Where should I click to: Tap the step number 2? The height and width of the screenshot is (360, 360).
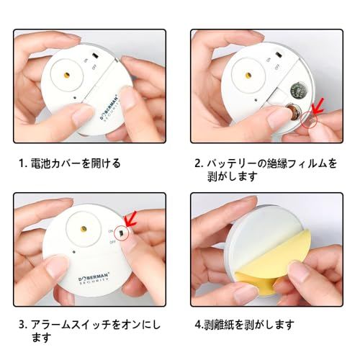tap(198, 163)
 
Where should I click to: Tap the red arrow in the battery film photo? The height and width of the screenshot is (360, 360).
tap(318, 106)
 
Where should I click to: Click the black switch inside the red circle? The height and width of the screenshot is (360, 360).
tap(122, 233)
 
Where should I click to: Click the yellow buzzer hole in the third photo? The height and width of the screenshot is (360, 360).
tap(84, 229)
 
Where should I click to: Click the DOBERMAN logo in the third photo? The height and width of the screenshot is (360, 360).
tap(94, 279)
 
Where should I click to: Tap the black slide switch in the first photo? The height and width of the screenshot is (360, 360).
tap(96, 55)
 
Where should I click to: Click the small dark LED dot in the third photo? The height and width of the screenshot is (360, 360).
tap(74, 252)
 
